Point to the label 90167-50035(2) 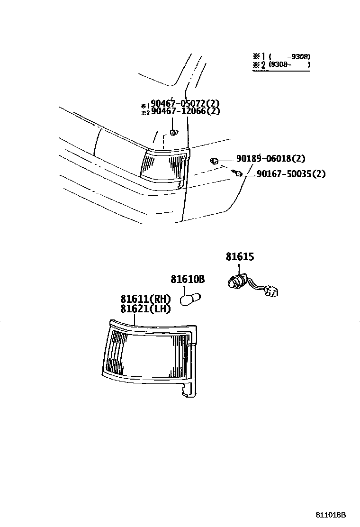pos(291,174)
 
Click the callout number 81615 pos(240,257)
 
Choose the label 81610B pos(188,279)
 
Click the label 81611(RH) pos(145,299)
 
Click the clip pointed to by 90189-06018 pos(214,161)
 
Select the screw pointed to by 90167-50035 pos(239,173)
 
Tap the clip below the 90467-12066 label pos(174,132)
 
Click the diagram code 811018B pos(332,515)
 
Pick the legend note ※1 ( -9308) pos(281,56)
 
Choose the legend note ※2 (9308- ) pos(281,64)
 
